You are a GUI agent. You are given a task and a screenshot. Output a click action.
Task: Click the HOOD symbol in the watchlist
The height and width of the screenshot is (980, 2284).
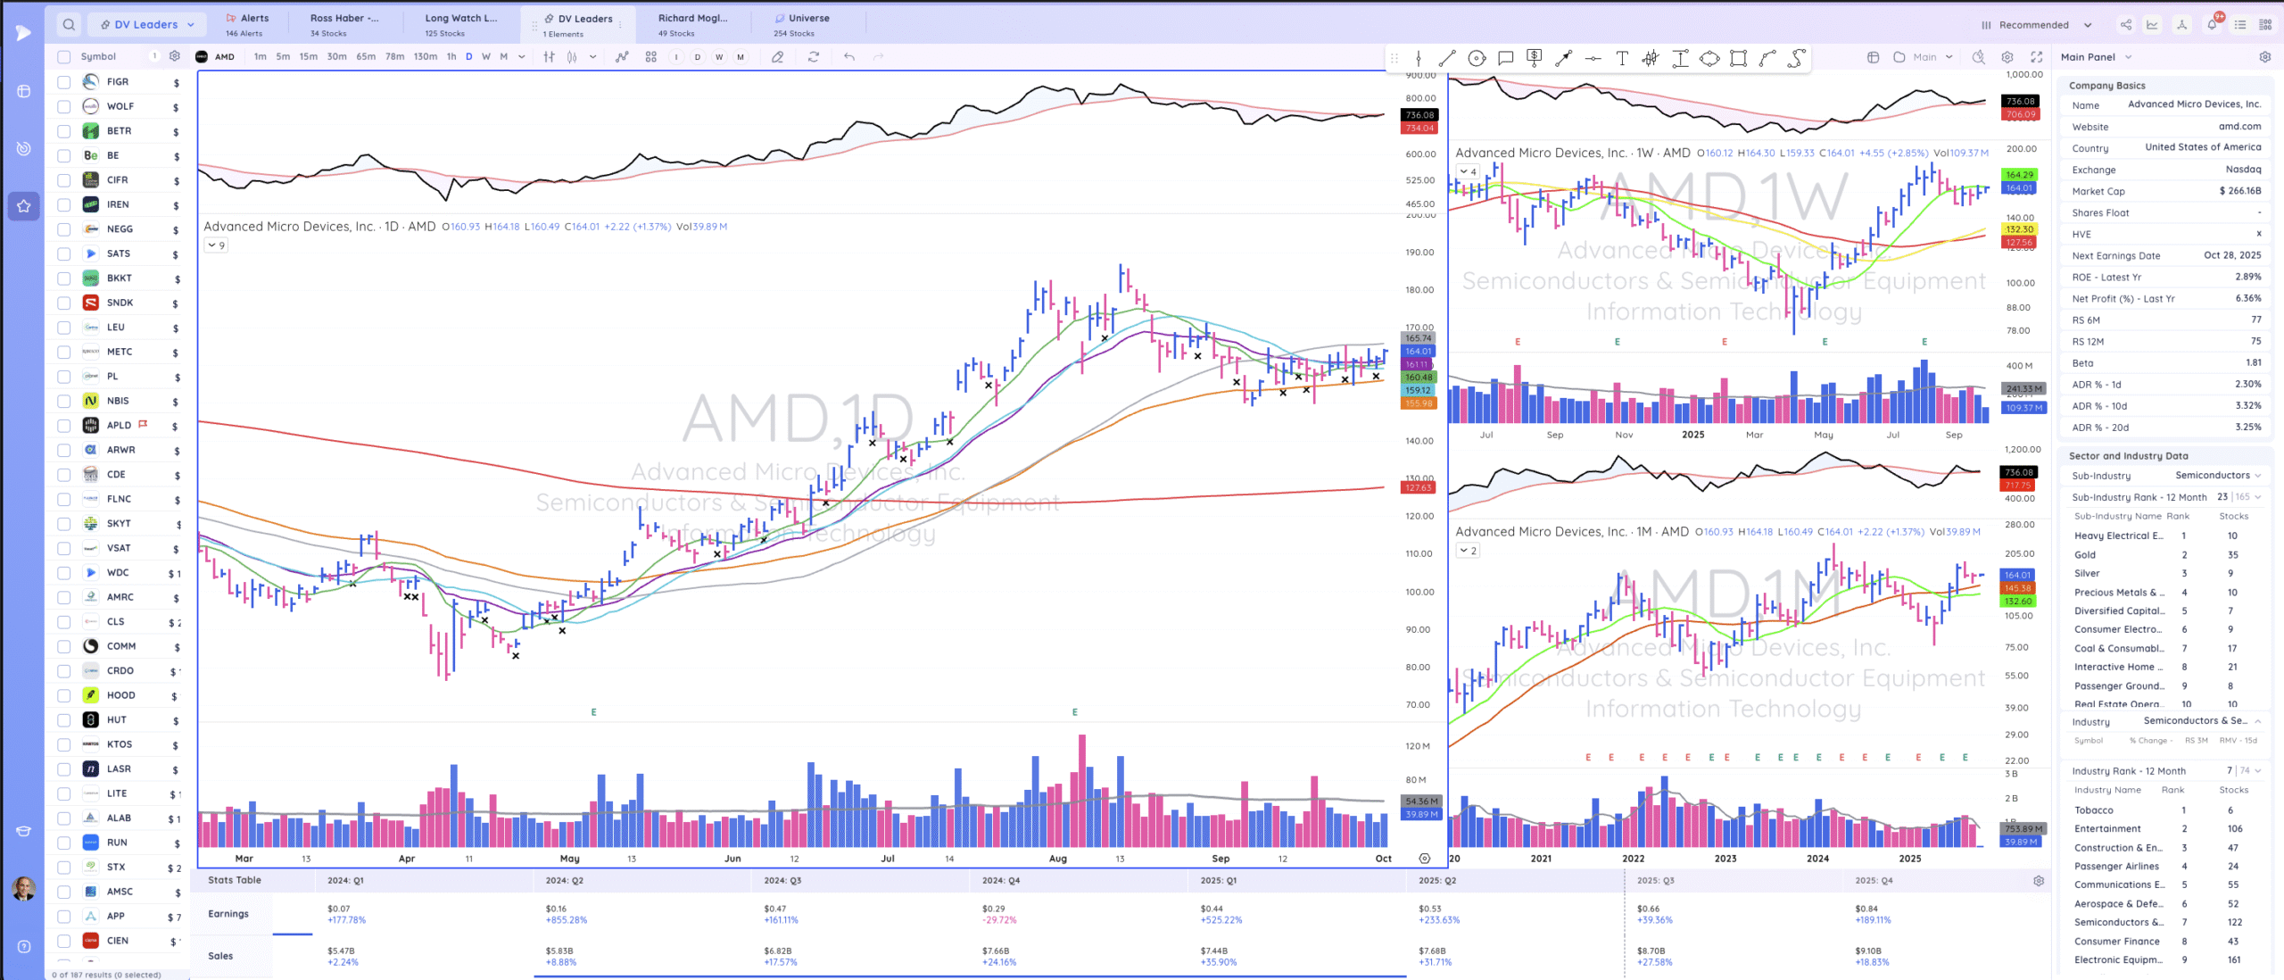point(121,695)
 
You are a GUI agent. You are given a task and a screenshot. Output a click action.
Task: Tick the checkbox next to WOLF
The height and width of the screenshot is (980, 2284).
point(64,106)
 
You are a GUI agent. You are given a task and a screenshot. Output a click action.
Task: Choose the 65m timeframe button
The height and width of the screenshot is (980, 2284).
point(366,56)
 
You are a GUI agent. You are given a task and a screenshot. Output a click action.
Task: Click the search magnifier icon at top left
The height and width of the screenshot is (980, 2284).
point(69,24)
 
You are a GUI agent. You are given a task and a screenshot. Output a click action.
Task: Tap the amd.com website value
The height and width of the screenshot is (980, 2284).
point(2239,127)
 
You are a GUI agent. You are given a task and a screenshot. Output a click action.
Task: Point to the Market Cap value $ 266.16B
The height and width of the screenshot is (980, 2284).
point(2239,191)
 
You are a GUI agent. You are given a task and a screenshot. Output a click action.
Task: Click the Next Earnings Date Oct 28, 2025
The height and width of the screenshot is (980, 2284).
point(2231,255)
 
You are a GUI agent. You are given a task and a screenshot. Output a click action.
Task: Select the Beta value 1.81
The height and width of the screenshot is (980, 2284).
point(2253,363)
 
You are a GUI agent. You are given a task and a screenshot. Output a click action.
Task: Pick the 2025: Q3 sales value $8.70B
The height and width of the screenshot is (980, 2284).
point(1650,951)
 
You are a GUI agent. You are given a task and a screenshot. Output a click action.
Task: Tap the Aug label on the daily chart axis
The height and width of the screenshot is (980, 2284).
point(1057,859)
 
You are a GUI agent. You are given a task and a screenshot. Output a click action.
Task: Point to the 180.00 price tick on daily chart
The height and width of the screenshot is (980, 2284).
point(1419,290)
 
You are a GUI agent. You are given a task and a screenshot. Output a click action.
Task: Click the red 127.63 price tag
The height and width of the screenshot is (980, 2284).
point(1418,488)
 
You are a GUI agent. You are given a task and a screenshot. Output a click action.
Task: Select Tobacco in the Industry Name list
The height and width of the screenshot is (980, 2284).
point(2093,810)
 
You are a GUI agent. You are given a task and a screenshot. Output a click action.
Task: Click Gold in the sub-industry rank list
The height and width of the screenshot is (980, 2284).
point(2084,555)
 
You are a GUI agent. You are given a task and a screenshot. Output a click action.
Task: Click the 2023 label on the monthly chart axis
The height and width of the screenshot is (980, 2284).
point(1725,859)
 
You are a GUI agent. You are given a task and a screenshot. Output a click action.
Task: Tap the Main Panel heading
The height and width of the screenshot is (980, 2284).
point(2088,57)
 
